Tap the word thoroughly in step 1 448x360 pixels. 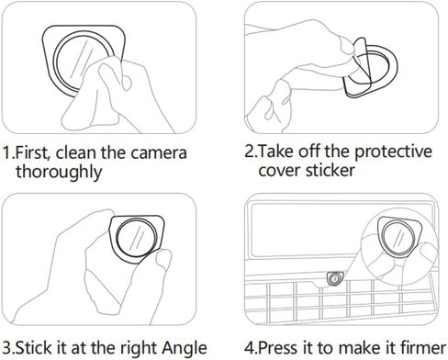(59, 173)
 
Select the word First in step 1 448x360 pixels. (32, 152)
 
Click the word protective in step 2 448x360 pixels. (393, 152)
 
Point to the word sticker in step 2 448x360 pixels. (330, 170)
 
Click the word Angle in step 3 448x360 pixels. (185, 348)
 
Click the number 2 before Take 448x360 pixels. (248, 152)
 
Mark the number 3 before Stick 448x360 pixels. (6, 348)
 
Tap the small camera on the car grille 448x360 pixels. (335, 278)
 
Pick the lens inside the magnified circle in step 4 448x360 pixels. (398, 237)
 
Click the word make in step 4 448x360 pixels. (364, 348)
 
